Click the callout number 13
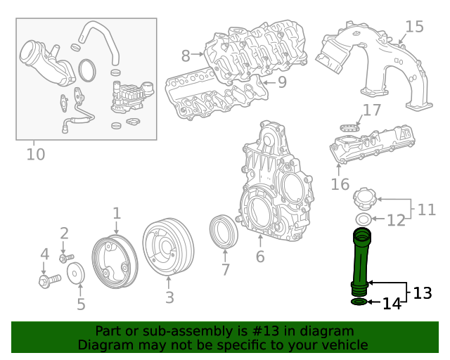pyautogui.click(x=422, y=293)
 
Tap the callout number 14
pyautogui.click(x=392, y=304)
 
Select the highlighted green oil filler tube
pyautogui.click(x=361, y=260)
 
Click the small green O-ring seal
pyautogui.click(x=358, y=302)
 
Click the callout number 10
pyautogui.click(x=35, y=153)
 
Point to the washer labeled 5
pyautogui.click(x=79, y=274)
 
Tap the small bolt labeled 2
pyautogui.click(x=67, y=258)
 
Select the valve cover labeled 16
pyautogui.click(x=369, y=146)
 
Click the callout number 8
pyautogui.click(x=186, y=55)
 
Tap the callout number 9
pyautogui.click(x=281, y=82)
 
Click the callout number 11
pyautogui.click(x=426, y=209)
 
